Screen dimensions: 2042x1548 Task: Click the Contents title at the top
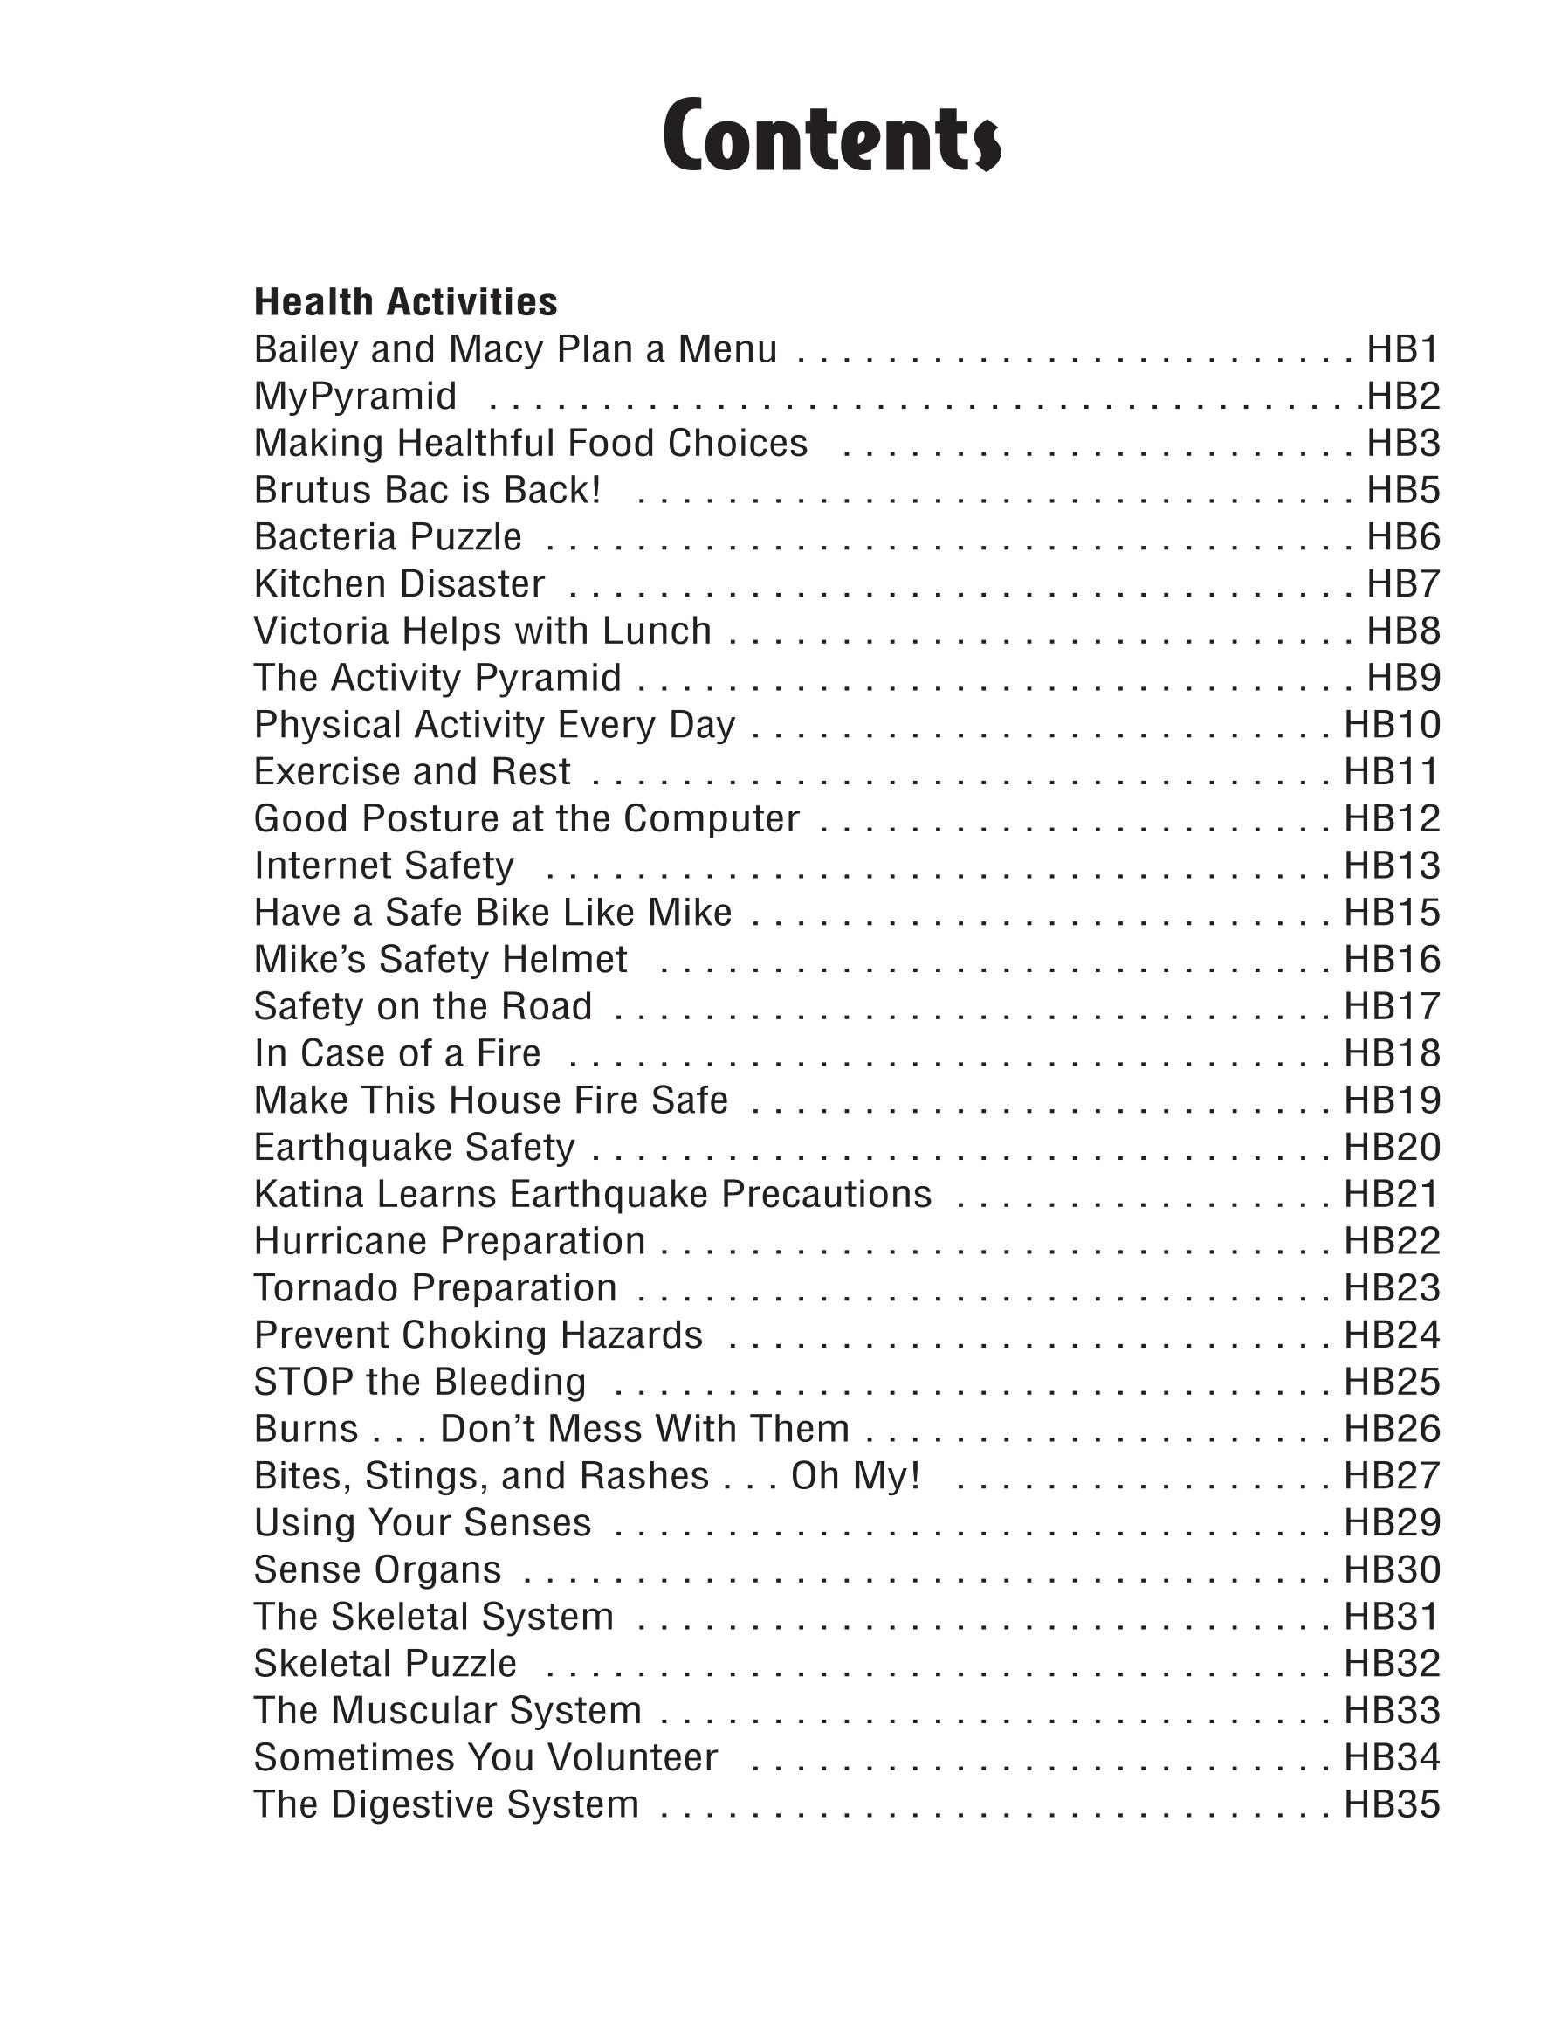tap(831, 136)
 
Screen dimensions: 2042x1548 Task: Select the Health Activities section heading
tap(405, 302)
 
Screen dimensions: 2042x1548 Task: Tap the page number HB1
tap(1402, 349)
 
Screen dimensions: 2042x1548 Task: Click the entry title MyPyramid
tap(355, 396)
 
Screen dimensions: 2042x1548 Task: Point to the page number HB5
tap(1402, 490)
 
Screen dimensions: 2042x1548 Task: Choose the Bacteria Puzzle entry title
tap(388, 537)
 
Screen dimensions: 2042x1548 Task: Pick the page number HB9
tap(1402, 678)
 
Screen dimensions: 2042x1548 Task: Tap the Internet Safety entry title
tap(384, 866)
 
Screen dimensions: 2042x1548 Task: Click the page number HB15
tap(1391, 913)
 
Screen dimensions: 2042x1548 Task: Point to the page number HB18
tap(1391, 1053)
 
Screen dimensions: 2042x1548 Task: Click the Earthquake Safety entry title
tap(414, 1148)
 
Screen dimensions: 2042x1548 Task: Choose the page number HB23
tap(1391, 1287)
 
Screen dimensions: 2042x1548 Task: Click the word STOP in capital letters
tap(304, 1382)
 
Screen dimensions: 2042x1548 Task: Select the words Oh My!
tap(855, 1475)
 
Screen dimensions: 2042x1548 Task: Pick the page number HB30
tap(1391, 1569)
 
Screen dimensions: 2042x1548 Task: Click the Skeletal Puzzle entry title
tap(385, 1664)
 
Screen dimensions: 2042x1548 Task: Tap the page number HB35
tap(1391, 1804)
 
